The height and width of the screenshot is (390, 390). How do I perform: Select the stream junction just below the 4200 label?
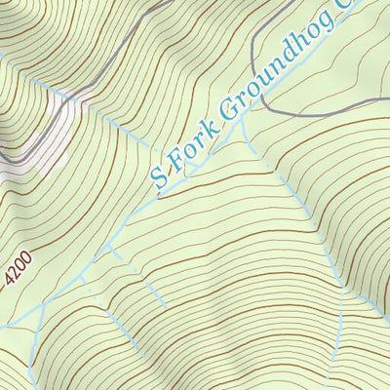coord(43,305)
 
